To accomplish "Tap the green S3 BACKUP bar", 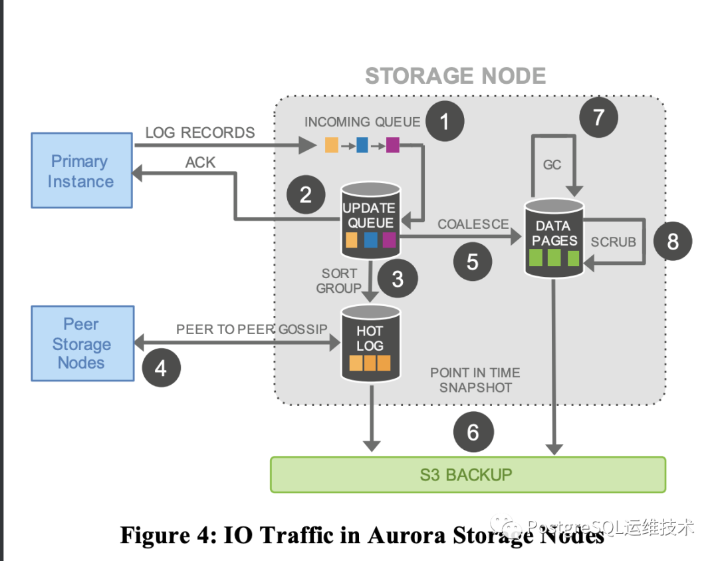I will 467,474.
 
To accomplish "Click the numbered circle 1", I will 444,121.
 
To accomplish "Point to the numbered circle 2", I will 306,194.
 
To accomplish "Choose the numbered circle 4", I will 161,367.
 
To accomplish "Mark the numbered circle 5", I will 473,261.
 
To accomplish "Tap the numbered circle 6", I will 473,433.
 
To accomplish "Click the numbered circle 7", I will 598,117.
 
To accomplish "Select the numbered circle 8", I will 673,240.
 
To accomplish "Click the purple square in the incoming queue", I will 393,144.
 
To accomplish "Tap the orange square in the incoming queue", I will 332,144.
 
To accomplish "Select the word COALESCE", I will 473,224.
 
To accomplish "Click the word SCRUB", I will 613,242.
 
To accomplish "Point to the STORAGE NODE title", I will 455,76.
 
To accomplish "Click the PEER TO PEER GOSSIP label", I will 252,329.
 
